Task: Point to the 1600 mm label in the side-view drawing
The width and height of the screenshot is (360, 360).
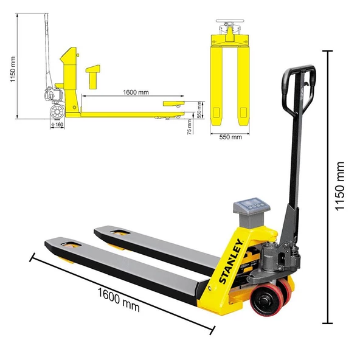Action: pyautogui.click(x=136, y=92)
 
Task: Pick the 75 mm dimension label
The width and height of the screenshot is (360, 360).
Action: pyautogui.click(x=190, y=126)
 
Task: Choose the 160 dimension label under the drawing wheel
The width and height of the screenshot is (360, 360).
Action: pyautogui.click(x=58, y=125)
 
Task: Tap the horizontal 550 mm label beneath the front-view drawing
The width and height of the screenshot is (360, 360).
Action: pyautogui.click(x=230, y=137)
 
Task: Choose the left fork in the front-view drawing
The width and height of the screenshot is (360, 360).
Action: pyautogui.click(x=216, y=85)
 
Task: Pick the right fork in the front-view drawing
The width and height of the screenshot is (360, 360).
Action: pyautogui.click(x=243, y=85)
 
